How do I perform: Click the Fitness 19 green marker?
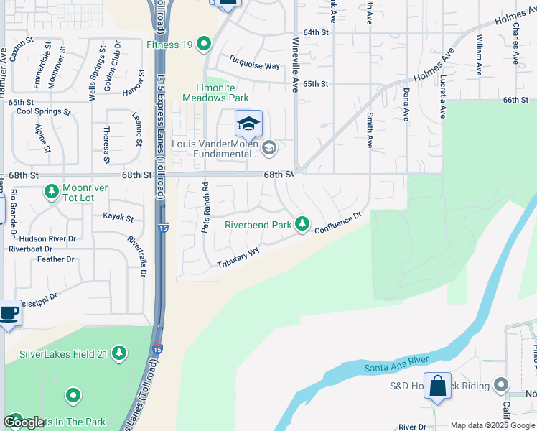tap(204, 45)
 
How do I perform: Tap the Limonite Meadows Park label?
tap(215, 92)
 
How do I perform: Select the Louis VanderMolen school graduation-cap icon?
tap(248, 124)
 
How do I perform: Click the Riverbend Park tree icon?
tap(302, 225)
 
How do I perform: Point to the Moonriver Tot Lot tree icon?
tap(52, 192)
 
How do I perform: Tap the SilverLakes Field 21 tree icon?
tap(119, 353)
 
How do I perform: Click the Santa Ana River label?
tap(396, 363)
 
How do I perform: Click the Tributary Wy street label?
tap(239, 259)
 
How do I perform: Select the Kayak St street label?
tap(118, 216)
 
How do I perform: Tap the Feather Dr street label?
tap(51, 259)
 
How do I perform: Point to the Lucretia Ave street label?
tap(443, 97)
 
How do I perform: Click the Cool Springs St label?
tap(44, 111)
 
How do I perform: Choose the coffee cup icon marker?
tap(10, 313)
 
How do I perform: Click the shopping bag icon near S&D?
tap(437, 386)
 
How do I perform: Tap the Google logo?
tap(24, 422)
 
